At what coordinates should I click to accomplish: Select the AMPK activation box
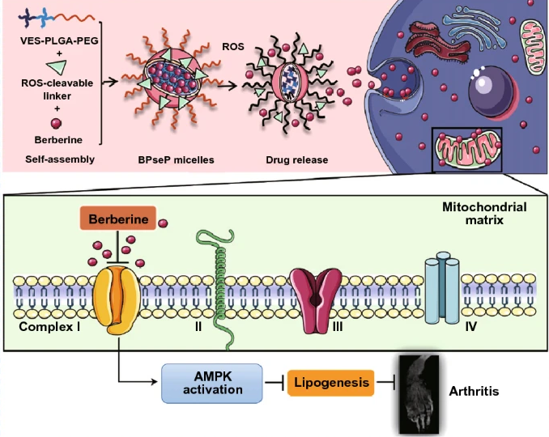click(213, 383)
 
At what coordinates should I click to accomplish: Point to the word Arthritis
click(474, 392)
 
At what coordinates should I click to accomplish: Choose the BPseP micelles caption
click(172, 160)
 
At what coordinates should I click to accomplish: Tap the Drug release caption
click(297, 160)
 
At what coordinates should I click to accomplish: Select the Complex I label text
click(49, 330)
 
